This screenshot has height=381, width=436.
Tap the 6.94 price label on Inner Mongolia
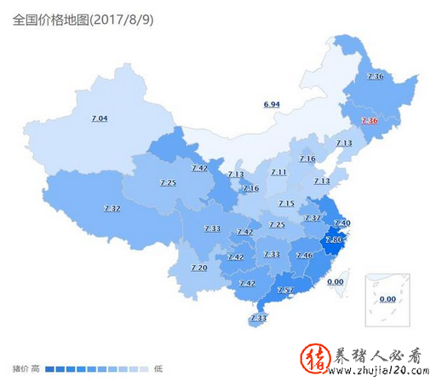[x=272, y=104]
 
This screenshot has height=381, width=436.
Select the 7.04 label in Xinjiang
[x=99, y=118]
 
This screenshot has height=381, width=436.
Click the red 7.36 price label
[x=369, y=121]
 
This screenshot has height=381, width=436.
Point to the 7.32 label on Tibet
[x=112, y=208]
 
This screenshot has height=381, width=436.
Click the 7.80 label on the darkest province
[x=333, y=240]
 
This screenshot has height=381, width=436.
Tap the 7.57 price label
[x=285, y=291]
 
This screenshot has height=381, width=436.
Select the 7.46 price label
[x=303, y=255]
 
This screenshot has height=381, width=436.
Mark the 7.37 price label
[x=313, y=218]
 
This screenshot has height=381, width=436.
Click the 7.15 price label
[x=286, y=203]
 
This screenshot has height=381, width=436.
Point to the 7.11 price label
[x=278, y=172]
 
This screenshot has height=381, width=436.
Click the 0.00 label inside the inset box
[x=387, y=298]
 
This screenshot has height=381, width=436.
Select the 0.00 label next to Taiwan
[x=336, y=281]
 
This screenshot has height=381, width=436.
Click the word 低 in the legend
[x=158, y=368]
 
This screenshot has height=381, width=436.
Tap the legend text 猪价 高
[x=24, y=368]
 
